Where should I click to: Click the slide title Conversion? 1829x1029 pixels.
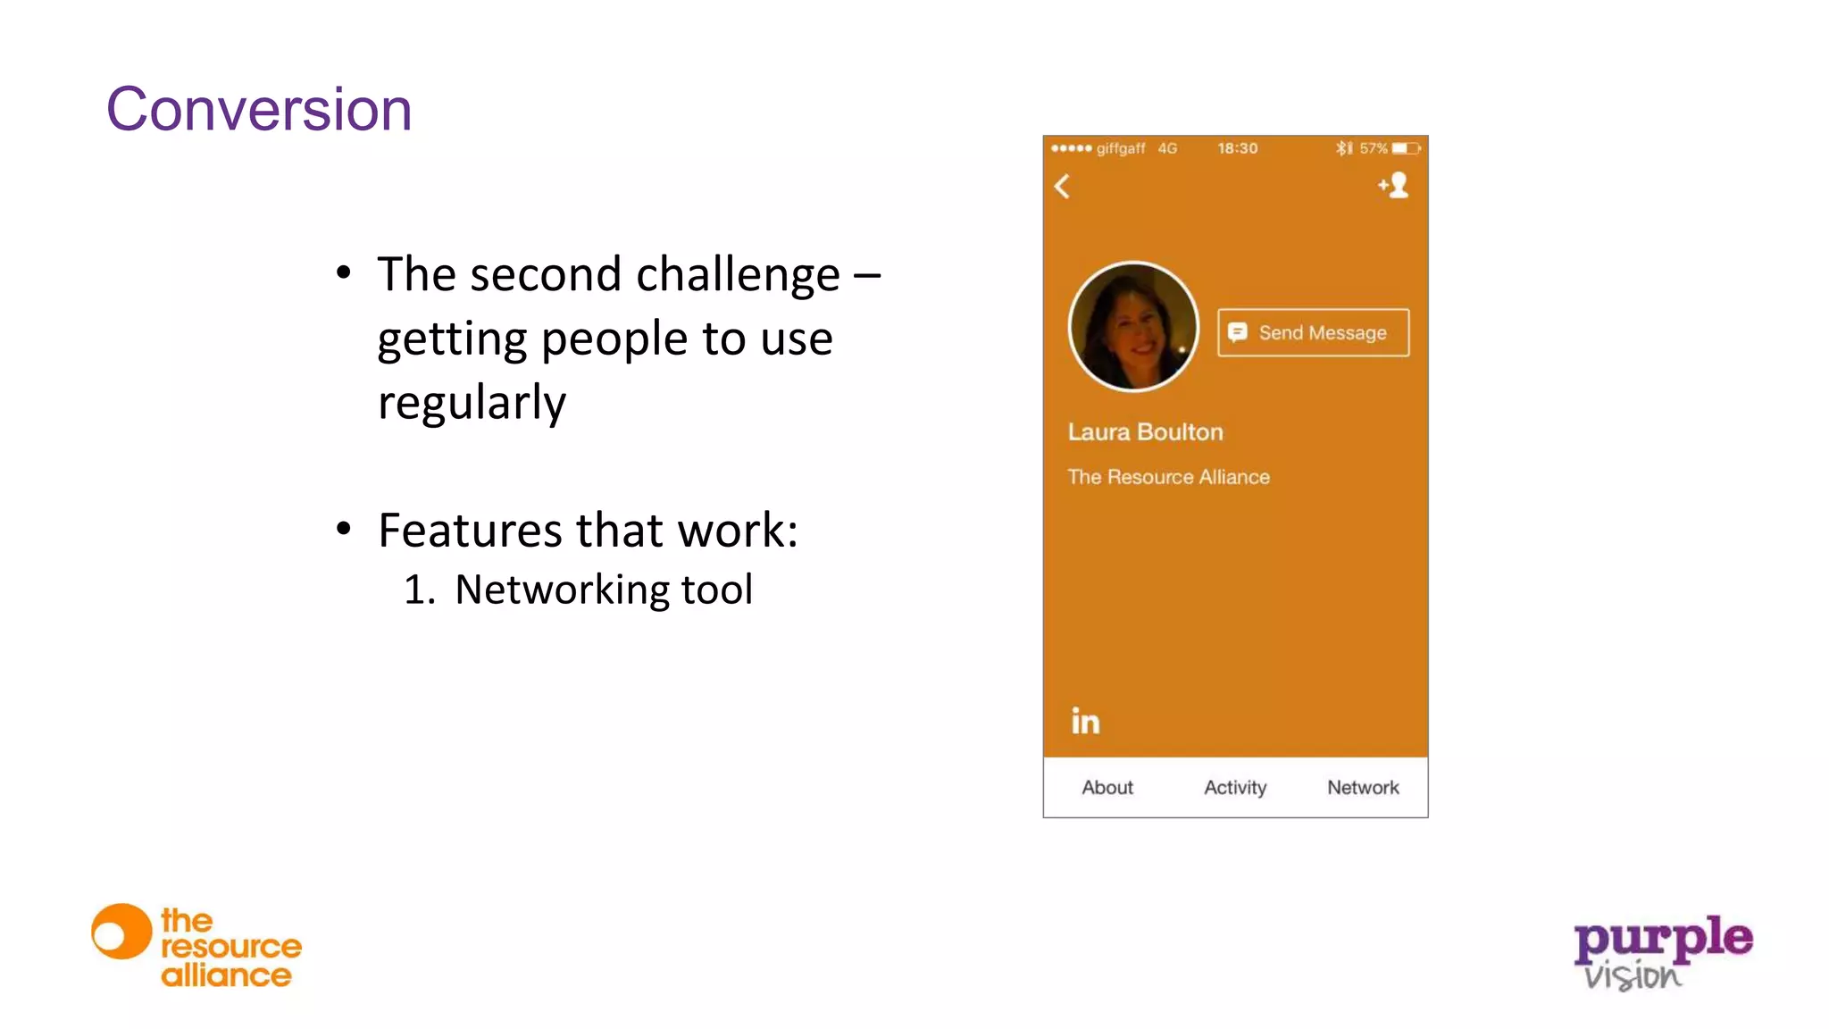point(259,110)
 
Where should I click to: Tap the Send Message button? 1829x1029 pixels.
point(1313,332)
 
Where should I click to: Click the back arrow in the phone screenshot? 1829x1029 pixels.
point(1062,187)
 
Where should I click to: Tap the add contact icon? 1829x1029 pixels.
point(1393,185)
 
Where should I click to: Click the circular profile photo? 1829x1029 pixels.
point(1133,327)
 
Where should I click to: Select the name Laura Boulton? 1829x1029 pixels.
point(1145,432)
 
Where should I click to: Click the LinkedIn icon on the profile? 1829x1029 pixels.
point(1085,721)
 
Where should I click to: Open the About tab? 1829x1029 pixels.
point(1107,787)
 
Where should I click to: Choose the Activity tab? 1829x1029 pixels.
point(1235,787)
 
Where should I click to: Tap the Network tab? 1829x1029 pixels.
point(1363,787)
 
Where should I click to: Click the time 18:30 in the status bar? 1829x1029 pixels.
point(1237,148)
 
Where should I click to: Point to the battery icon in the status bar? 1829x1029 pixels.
point(1406,148)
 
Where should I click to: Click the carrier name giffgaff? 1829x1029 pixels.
point(1120,148)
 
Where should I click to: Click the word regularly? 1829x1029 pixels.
point(472,403)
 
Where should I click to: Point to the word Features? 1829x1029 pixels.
point(470,531)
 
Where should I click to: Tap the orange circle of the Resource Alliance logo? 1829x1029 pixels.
point(121,932)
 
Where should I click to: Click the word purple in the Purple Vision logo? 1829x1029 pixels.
point(1663,939)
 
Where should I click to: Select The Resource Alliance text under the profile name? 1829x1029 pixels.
point(1168,477)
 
